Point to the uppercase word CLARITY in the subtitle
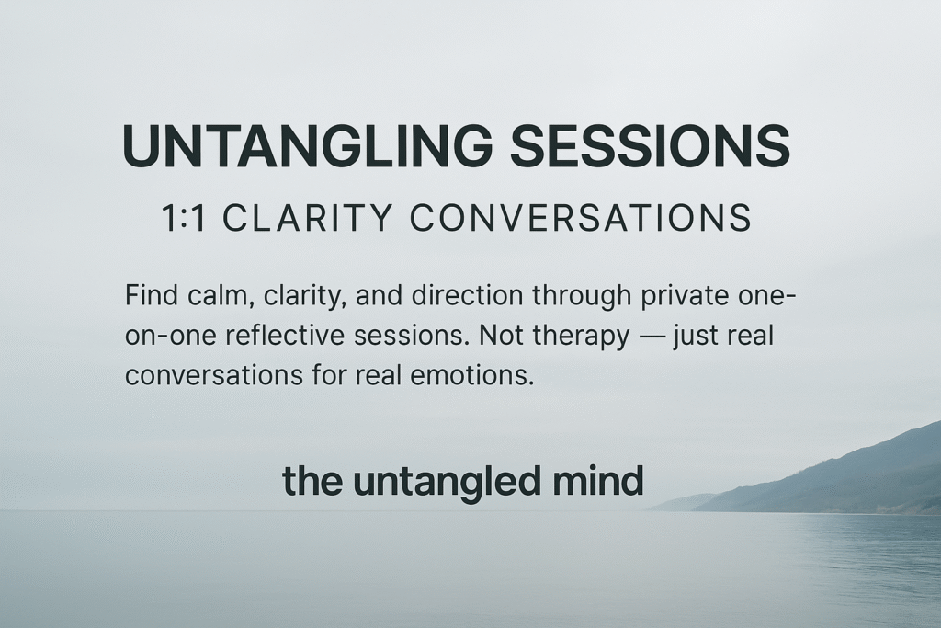[310, 219]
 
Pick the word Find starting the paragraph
[150, 298]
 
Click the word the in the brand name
[313, 482]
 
